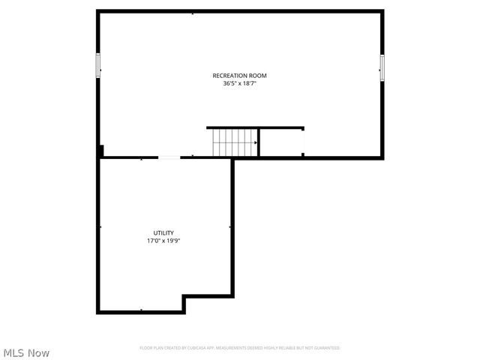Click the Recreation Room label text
(x=239, y=76)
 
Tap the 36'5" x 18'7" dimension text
(x=239, y=84)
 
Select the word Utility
(x=163, y=233)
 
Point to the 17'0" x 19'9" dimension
(x=163, y=241)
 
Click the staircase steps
(x=232, y=142)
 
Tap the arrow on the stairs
(x=255, y=142)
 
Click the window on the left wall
(x=97, y=65)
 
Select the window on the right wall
(x=382, y=67)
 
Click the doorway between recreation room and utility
(x=169, y=157)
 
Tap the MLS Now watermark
(x=26, y=352)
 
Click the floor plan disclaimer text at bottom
(x=239, y=348)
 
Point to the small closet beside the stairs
(x=281, y=142)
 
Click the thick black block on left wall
(x=100, y=151)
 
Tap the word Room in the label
(x=257, y=76)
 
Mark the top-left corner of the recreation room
(x=98, y=11)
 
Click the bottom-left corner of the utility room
(x=98, y=312)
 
